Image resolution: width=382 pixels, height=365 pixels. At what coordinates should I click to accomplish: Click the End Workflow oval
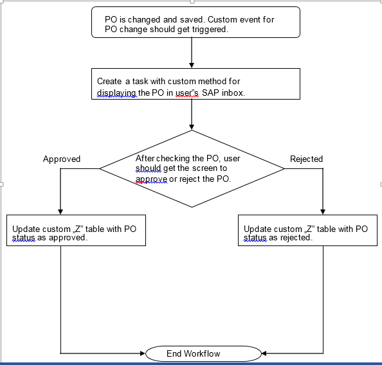(203, 353)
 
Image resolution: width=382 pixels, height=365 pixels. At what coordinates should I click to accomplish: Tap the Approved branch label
(62, 159)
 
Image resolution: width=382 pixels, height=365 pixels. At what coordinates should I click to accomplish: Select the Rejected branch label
(306, 159)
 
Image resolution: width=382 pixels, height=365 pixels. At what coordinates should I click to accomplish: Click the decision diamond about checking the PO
(192, 169)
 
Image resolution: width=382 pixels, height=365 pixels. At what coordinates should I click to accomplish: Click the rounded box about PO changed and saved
(196, 22)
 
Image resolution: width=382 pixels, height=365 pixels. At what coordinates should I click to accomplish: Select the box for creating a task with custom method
(196, 84)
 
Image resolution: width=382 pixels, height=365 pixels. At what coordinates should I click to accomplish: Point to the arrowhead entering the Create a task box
(192, 65)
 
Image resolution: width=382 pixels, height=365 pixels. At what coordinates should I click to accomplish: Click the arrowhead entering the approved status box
(60, 211)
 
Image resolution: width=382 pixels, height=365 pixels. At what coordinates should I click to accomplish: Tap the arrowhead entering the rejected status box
(323, 211)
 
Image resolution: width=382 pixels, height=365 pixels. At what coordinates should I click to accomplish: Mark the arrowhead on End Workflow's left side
(143, 353)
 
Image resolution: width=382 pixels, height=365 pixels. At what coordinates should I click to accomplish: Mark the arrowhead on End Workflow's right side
(264, 353)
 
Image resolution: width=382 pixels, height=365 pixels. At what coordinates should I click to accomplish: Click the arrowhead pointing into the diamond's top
(192, 127)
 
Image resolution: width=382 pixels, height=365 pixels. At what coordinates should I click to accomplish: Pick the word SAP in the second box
(210, 92)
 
